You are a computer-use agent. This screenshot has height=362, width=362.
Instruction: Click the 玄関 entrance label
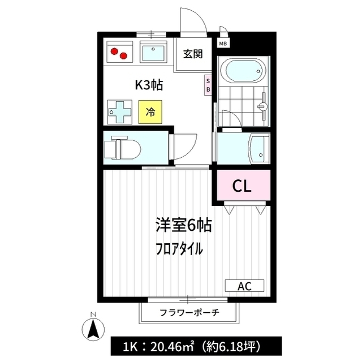[193, 54]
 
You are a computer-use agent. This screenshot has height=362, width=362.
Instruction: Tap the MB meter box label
[223, 44]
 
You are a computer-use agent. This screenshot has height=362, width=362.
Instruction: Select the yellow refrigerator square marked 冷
[150, 112]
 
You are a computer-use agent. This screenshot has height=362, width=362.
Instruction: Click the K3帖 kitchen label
[149, 85]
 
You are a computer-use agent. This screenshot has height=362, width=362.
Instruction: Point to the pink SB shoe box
[208, 85]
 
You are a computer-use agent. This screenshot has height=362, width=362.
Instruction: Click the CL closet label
[242, 186]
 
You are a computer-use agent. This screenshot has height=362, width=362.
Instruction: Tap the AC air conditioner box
[244, 286]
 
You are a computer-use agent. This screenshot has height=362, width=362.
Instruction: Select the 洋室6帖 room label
[183, 225]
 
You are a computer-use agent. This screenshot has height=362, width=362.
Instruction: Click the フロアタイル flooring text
[179, 249]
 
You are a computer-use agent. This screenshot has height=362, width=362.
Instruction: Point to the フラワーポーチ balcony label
[189, 313]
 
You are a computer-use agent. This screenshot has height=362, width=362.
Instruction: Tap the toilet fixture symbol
[123, 148]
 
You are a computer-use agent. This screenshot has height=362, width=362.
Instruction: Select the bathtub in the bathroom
[243, 71]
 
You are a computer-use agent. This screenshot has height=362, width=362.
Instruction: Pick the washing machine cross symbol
[120, 112]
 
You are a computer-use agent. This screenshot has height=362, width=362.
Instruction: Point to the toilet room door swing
[183, 146]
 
